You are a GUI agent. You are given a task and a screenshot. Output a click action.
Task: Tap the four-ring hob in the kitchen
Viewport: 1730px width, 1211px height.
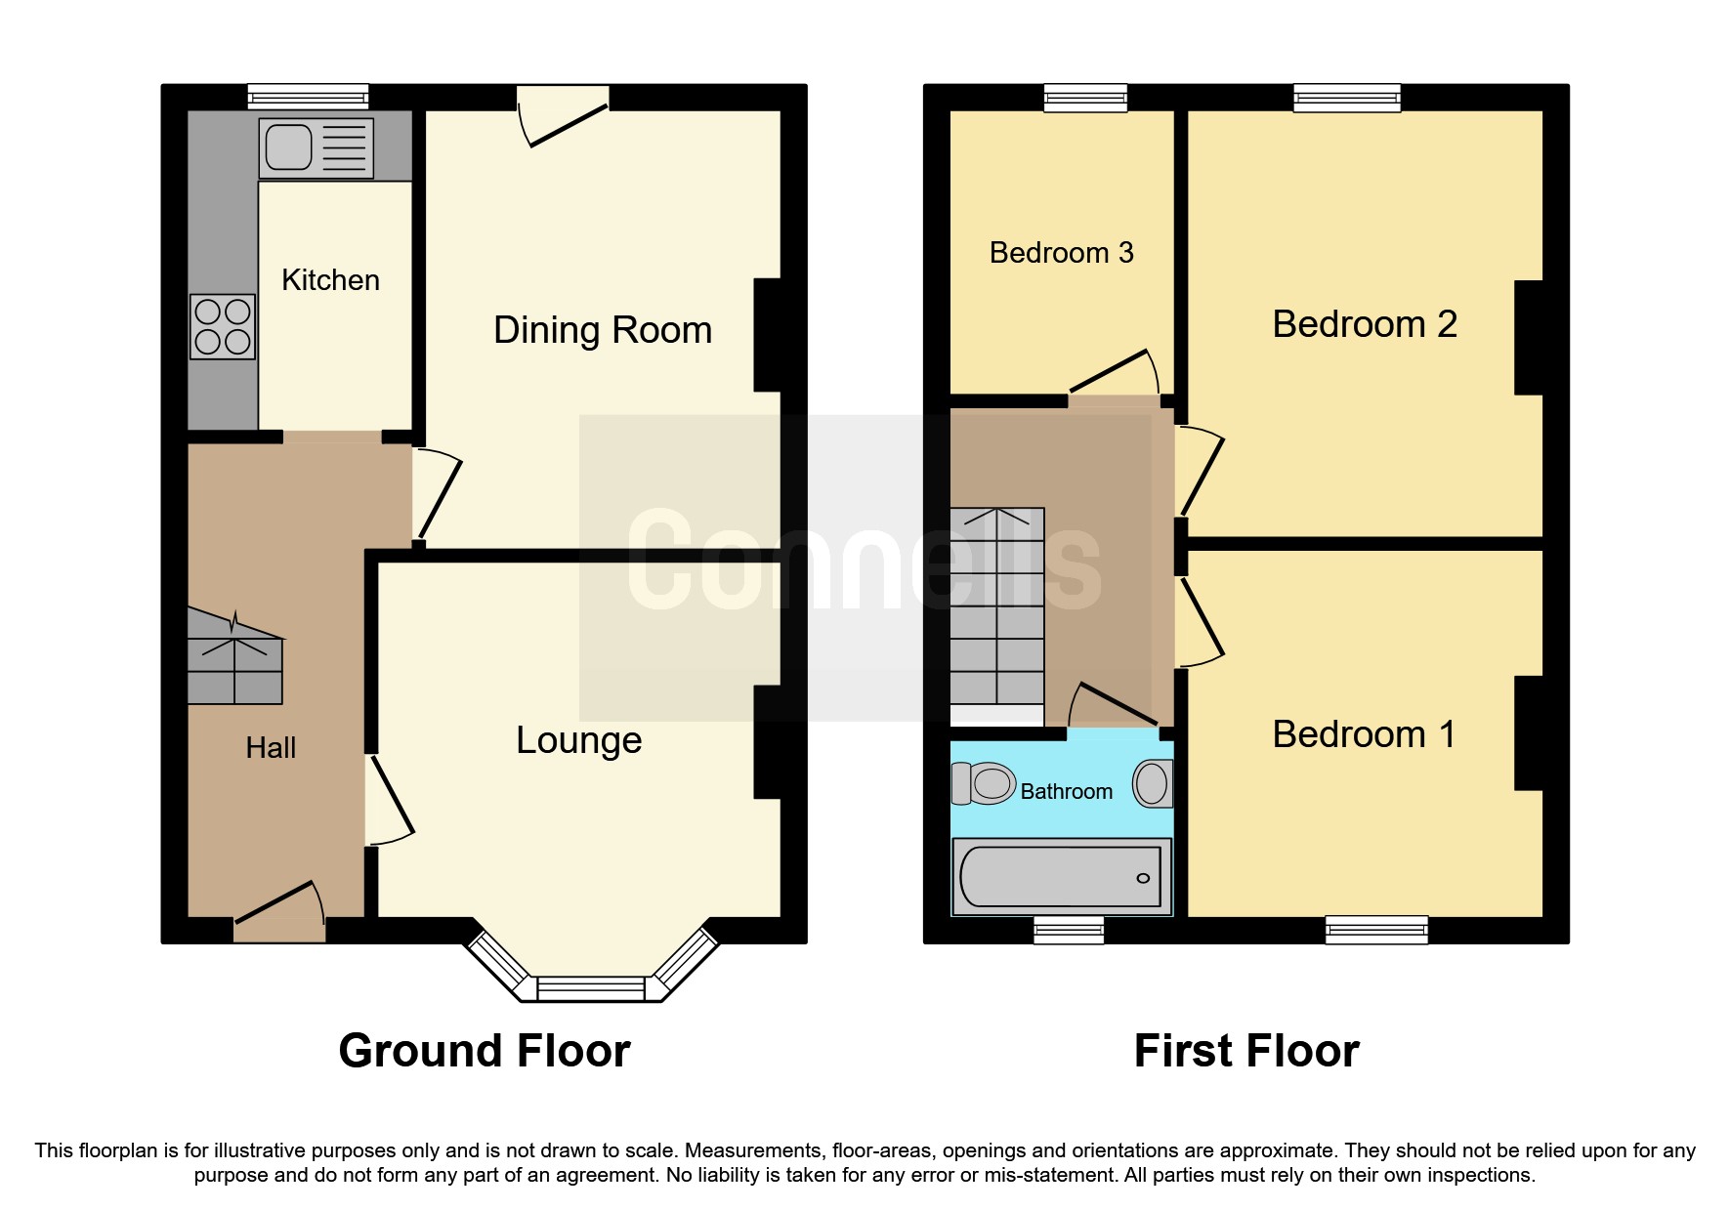[x=223, y=327]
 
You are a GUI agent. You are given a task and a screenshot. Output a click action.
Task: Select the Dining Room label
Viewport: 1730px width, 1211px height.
[x=602, y=330]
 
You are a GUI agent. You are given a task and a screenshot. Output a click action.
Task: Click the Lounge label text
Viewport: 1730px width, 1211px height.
[x=578, y=740]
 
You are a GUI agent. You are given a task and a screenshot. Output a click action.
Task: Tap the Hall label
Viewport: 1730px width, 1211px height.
[x=271, y=748]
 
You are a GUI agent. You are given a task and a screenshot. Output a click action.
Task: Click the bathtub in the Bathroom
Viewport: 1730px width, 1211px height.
[x=1061, y=876]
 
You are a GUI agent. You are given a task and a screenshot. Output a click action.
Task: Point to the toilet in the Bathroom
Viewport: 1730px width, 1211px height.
[x=985, y=783]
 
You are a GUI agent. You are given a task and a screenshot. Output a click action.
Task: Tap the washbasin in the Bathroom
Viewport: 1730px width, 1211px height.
[x=1153, y=783]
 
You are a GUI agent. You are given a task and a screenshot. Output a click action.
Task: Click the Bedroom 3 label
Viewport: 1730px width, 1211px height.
[x=1061, y=253]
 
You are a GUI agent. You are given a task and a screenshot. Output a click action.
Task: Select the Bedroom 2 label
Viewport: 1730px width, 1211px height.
[x=1364, y=324]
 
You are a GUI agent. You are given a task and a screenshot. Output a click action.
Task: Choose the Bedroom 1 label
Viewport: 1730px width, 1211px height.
[x=1364, y=734]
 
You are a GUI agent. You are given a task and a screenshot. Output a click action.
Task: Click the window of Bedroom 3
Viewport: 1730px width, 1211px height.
[x=1085, y=97]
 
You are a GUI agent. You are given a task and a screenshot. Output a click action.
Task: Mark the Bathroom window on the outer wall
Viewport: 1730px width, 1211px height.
[x=1069, y=929]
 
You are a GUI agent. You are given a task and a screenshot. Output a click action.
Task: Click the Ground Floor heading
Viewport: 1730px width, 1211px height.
[x=485, y=1051]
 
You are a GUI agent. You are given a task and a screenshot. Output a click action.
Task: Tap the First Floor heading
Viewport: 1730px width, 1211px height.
[x=1246, y=1051]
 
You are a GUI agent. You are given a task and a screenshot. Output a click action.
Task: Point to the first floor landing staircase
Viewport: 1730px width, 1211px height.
[x=997, y=605]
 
